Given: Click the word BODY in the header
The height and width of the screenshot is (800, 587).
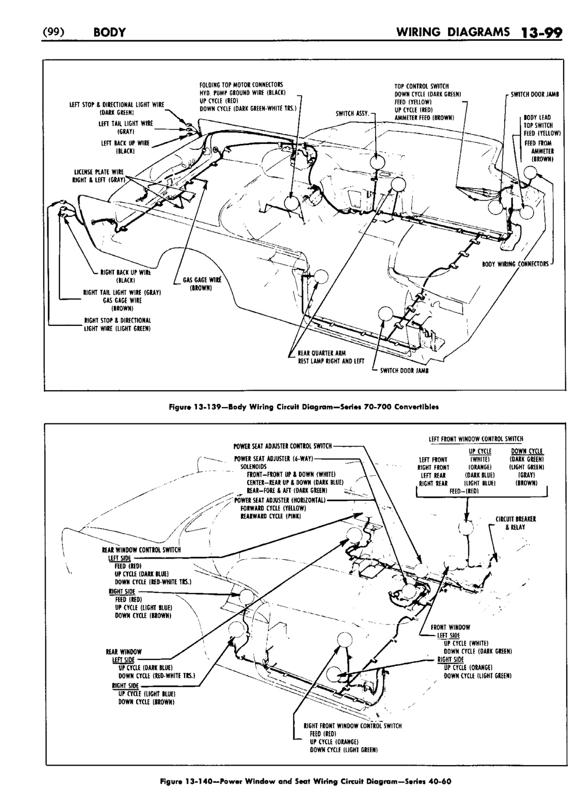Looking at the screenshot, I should pyautogui.click(x=109, y=32).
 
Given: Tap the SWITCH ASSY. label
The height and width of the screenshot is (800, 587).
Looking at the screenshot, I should pyautogui.click(x=353, y=114).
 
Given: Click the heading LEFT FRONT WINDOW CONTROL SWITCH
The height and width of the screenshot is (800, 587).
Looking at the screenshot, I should pyautogui.click(x=475, y=438).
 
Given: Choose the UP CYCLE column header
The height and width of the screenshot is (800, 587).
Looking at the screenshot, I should pyautogui.click(x=480, y=452).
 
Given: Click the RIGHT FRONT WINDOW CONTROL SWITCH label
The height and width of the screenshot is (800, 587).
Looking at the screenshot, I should pyautogui.click(x=352, y=725).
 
